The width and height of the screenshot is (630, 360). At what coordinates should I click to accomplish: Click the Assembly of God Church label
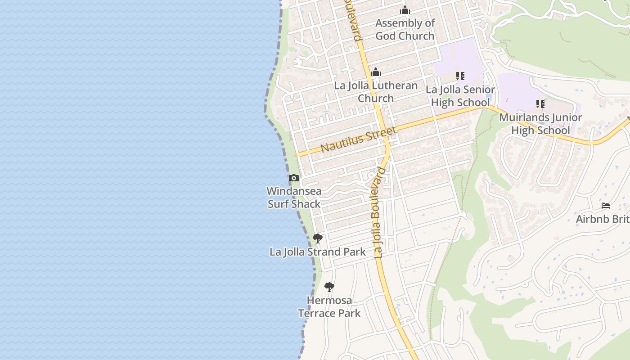point(405,29)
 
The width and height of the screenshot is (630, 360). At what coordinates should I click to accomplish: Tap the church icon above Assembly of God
point(405,10)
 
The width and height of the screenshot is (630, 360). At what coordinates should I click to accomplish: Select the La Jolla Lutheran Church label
point(376,92)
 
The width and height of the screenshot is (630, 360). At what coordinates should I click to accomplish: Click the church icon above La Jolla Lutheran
point(376,72)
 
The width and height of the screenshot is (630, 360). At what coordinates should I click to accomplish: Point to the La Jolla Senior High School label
point(460,96)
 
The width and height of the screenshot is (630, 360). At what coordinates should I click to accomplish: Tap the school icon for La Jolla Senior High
point(460,76)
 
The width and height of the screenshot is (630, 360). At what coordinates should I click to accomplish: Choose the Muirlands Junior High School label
point(540,124)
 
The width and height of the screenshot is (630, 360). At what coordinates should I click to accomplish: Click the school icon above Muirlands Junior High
point(540,104)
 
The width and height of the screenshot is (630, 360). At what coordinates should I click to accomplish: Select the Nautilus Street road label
point(359,139)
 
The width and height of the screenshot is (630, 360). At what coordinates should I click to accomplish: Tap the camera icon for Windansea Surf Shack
point(294,178)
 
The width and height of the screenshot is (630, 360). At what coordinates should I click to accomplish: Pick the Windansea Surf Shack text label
point(294,198)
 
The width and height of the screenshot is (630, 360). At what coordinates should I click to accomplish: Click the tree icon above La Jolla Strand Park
point(318,238)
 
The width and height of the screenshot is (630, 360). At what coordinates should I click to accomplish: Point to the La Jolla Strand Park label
point(318,252)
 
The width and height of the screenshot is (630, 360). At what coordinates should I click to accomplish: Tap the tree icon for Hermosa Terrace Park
point(329,287)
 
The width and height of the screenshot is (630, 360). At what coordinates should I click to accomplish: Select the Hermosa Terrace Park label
point(329,306)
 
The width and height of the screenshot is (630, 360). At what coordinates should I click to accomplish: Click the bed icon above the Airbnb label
point(606,206)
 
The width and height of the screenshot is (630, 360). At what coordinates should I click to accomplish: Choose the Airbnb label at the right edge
point(603,219)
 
